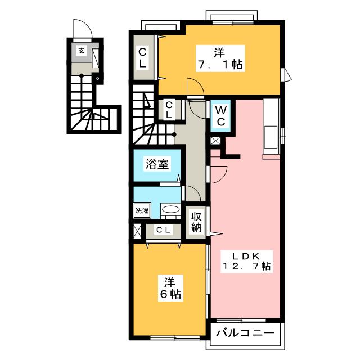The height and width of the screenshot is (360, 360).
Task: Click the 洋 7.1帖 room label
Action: point(220,58)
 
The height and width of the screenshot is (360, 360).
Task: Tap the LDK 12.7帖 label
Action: point(246,261)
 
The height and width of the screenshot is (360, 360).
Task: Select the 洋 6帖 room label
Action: point(170,288)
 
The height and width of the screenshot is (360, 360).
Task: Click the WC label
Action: point(221,116)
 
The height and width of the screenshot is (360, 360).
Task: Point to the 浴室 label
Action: point(157,164)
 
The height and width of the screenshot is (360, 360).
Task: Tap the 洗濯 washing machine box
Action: point(142,210)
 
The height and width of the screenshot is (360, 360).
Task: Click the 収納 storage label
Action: point(196,222)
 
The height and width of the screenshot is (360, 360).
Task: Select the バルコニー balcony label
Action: point(245,333)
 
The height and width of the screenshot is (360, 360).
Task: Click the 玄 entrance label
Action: point(82,51)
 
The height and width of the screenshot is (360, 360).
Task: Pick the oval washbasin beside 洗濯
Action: point(170,209)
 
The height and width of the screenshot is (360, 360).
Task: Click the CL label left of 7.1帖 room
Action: point(142,57)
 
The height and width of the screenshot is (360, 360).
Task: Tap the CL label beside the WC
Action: point(169,110)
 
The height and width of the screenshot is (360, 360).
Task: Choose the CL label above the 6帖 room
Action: point(164,230)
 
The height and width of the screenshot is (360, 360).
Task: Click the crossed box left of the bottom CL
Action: point(137,231)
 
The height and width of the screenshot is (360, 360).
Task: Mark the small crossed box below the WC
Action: point(215,141)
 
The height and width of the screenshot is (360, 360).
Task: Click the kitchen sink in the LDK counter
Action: point(271,137)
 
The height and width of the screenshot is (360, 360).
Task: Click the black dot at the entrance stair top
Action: point(82,75)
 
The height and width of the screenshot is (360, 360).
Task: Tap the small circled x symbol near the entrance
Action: point(97,79)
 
